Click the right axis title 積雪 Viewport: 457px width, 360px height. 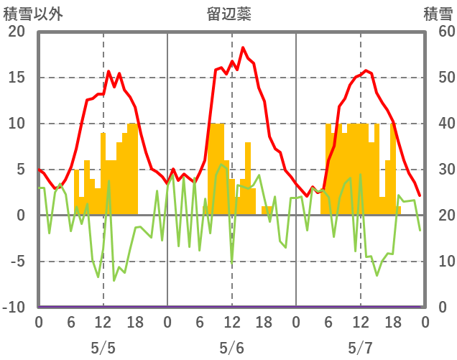pyautogui.click(x=437, y=13)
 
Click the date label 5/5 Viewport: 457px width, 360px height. pyautogui.click(x=103, y=349)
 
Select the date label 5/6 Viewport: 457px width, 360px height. pyautogui.click(x=231, y=349)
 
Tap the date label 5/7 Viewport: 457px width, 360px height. pyautogui.click(x=360, y=349)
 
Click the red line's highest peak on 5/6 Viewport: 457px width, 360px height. pyautogui.click(x=243, y=47)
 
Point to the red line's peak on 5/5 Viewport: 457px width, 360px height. pyautogui.click(x=109, y=71)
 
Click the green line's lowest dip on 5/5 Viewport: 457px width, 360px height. pyautogui.click(x=114, y=280)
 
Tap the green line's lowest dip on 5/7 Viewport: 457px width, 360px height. pyautogui.click(x=377, y=275)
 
